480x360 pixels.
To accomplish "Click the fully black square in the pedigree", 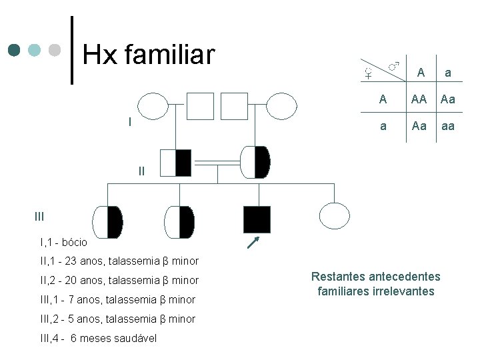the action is (257, 220).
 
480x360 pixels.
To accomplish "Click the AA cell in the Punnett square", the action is (419, 99).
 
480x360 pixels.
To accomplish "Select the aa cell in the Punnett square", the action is (448, 125).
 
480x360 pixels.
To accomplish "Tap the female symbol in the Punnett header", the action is (367, 71).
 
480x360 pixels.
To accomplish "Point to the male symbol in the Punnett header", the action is (394, 65).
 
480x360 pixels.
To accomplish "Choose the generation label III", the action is (39, 215).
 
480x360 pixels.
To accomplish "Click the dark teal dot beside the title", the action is (15, 50).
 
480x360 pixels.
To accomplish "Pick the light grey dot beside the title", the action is (56, 50).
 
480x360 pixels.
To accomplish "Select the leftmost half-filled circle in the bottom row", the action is (108, 222).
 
